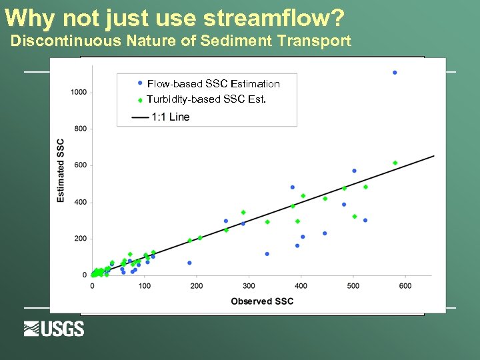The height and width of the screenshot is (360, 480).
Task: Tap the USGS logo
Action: tap(54, 329)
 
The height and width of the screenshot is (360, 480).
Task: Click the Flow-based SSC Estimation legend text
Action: tap(213, 83)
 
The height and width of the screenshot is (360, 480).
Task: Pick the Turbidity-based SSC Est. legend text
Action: tap(207, 99)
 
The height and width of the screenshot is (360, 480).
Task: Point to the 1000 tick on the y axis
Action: tap(79, 92)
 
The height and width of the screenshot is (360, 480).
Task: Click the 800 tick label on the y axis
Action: tap(80, 129)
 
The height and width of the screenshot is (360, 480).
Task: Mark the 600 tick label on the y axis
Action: tap(80, 165)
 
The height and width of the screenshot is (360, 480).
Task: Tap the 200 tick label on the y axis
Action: tap(80, 239)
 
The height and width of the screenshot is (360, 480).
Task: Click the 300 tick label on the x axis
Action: tap(249, 286)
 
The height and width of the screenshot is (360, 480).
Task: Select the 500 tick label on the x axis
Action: tap(353, 286)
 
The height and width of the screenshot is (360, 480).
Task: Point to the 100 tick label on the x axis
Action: tap(144, 286)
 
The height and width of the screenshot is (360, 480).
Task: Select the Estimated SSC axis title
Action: tap(61, 171)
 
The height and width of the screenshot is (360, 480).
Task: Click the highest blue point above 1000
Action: tap(395, 72)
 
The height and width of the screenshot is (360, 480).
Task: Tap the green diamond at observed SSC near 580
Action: tap(395, 163)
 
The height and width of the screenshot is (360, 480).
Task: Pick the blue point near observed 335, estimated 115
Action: tap(267, 254)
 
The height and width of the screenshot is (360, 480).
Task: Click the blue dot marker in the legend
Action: tap(140, 83)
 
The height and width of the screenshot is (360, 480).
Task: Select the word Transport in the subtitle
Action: tap(317, 41)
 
